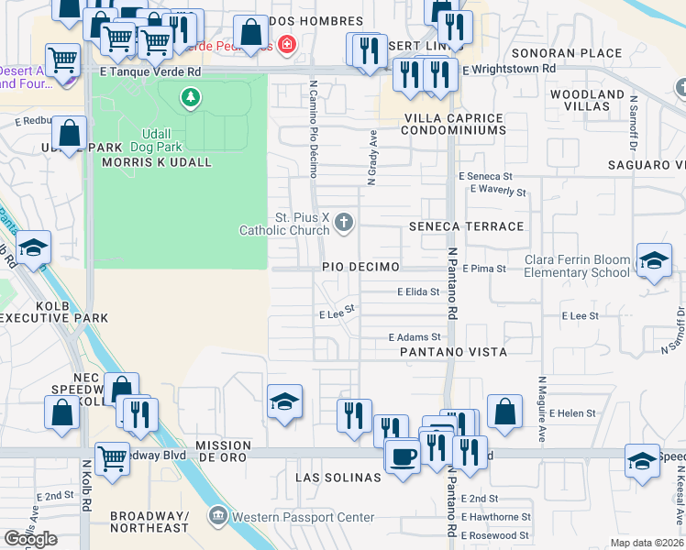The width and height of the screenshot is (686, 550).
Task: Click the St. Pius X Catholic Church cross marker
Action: tap(344, 222)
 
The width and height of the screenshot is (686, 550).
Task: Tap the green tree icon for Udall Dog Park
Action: tap(191, 97)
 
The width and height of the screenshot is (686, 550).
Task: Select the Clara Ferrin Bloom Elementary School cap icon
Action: tap(653, 260)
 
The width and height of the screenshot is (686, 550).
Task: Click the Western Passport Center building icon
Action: tap(216, 516)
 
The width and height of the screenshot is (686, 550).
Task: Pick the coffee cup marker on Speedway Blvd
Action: tap(402, 455)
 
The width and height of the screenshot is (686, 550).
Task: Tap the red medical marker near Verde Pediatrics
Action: tap(287, 43)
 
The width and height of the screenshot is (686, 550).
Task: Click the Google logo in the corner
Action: tap(30, 538)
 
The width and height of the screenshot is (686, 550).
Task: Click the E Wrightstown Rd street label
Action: tap(509, 69)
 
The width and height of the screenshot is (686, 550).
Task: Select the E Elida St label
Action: tap(418, 291)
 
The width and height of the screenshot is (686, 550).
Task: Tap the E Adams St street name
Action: tap(415, 337)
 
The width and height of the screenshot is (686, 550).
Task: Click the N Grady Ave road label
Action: tap(372, 157)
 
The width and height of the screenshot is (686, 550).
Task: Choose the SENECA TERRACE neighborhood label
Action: tap(466, 226)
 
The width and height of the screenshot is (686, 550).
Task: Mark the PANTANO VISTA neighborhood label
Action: tap(453, 352)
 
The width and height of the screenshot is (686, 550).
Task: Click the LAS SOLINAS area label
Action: tap(337, 478)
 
